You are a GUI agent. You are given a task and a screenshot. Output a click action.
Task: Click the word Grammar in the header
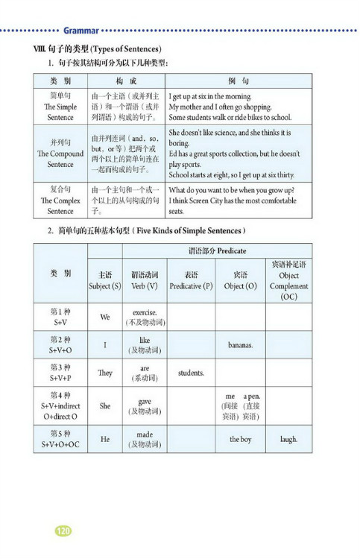pyautogui.click(x=81, y=31)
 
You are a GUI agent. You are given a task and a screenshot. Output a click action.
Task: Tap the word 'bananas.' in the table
pyautogui.click(x=241, y=345)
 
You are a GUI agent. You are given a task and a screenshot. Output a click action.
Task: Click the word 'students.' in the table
pyautogui.click(x=192, y=373)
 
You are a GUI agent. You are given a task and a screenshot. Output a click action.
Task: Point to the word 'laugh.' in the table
pyautogui.click(x=288, y=439)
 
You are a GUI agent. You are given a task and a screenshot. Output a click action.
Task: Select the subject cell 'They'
pyautogui.click(x=105, y=373)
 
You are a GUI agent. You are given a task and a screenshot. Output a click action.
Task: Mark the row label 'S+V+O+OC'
pyautogui.click(x=60, y=445)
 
